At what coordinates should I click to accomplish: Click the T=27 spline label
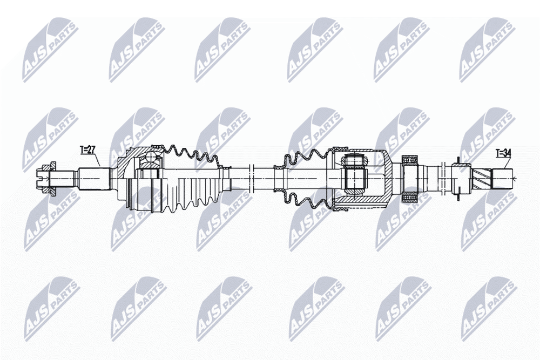point(87,150)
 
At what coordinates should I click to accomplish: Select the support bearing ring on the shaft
point(409,178)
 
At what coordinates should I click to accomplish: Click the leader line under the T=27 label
point(97,160)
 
